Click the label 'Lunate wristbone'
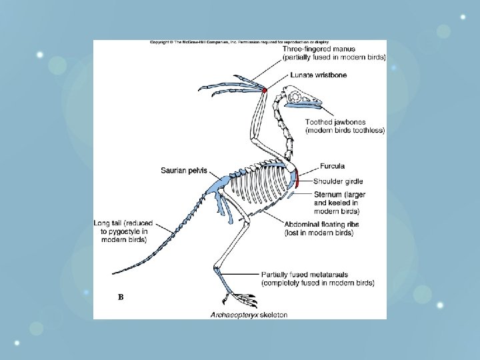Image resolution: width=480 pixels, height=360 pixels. [318, 75]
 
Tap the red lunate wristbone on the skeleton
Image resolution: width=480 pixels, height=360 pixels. [265, 89]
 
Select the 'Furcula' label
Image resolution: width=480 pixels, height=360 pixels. [333, 166]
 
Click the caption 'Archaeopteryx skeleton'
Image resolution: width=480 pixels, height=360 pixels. [249, 315]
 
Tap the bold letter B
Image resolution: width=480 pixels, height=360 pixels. [121, 297]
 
